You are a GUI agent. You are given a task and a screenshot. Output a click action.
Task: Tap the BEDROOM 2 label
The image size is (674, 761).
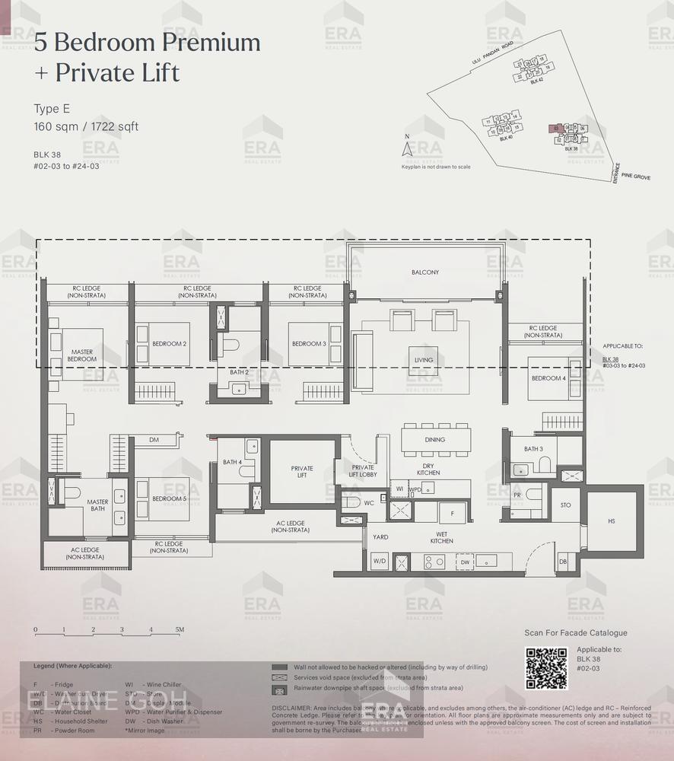pos(170,343)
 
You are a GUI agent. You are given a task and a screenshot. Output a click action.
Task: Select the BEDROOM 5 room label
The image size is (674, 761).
pos(168,498)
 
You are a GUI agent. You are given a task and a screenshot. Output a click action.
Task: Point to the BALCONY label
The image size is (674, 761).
pos(425,272)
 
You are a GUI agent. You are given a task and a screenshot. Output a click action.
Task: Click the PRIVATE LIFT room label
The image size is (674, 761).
pos(302,472)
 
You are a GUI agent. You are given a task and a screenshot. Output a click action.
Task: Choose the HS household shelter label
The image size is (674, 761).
pos(612,521)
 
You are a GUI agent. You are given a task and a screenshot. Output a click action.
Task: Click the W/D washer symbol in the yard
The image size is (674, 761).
pos(379,562)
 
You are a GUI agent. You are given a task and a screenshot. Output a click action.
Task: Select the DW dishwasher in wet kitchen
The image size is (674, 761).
pos(464,562)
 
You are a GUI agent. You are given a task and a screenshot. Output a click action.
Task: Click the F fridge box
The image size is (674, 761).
pos(452,514)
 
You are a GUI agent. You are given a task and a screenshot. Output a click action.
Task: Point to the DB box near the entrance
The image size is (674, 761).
pos(563,562)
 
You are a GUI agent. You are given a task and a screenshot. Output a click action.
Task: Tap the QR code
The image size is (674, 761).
pos(546,667)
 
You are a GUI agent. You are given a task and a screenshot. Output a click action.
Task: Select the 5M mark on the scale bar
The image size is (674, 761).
pos(179,630)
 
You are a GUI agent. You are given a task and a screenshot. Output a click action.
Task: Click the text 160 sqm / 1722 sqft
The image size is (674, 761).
pos(86,126)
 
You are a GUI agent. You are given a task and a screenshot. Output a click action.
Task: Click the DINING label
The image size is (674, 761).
pos(435,439)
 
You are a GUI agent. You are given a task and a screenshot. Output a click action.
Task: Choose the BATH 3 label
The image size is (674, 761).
pos(533,449)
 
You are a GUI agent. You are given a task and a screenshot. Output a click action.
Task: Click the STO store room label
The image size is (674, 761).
pos(565,505)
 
